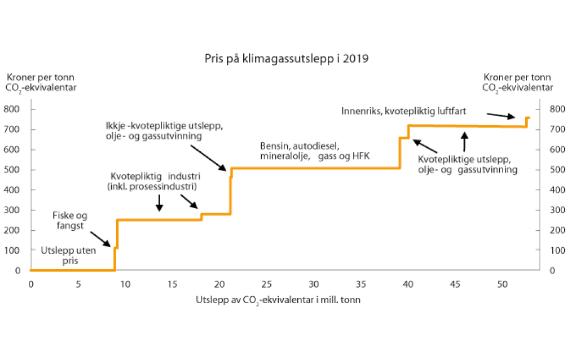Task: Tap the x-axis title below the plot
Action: (x=278, y=300)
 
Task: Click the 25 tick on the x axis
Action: (x=267, y=283)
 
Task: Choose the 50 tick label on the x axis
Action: (x=503, y=283)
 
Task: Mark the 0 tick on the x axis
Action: (x=31, y=283)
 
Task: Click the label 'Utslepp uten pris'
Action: (x=68, y=256)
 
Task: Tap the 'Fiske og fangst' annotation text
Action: (x=70, y=220)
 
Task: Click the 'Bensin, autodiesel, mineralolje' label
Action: (x=300, y=151)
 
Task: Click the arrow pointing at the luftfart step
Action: (x=500, y=116)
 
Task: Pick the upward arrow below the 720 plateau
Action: (x=464, y=141)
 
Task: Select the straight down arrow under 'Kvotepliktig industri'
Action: (x=160, y=203)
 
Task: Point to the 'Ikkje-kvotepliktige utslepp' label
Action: (x=164, y=131)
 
